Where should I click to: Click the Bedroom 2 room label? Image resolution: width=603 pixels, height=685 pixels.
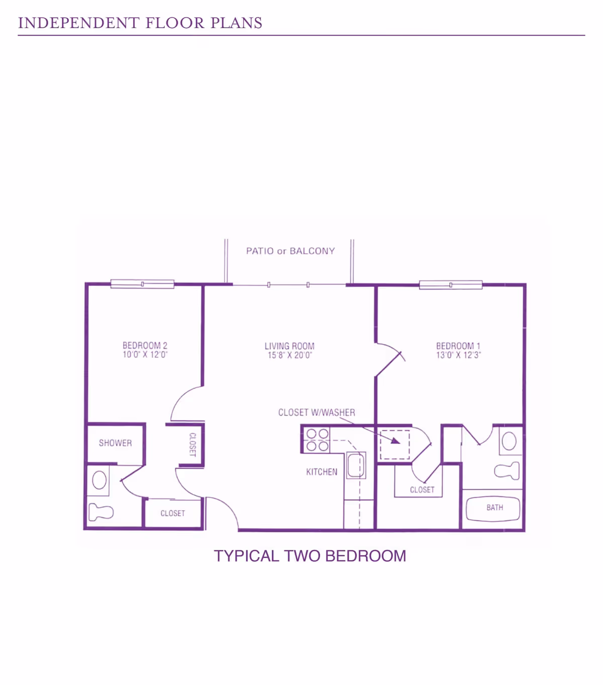point(145,345)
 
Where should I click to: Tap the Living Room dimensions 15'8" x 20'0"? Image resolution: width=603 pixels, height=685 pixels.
point(289,355)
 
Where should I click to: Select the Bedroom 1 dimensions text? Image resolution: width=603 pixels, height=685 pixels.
point(458,355)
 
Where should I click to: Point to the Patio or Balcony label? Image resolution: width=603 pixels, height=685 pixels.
point(290,251)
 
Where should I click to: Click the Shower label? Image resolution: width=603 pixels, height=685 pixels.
point(116,443)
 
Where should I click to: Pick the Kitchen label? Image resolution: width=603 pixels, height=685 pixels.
point(322,472)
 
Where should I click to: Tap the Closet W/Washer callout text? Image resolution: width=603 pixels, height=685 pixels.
point(317,412)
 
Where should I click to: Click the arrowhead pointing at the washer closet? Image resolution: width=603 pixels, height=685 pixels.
point(396,441)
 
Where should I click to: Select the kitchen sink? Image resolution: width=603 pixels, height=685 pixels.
point(356,465)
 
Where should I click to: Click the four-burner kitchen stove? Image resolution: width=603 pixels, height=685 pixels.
point(318,440)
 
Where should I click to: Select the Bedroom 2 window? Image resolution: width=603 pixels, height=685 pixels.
point(143,284)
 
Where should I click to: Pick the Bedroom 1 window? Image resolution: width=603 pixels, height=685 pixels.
point(451,285)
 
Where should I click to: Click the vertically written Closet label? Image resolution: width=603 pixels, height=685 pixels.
point(192,444)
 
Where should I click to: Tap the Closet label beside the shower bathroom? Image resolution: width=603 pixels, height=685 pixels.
point(172,513)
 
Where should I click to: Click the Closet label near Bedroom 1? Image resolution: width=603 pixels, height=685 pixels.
point(422,490)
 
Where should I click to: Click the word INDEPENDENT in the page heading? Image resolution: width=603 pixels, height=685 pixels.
point(78,23)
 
